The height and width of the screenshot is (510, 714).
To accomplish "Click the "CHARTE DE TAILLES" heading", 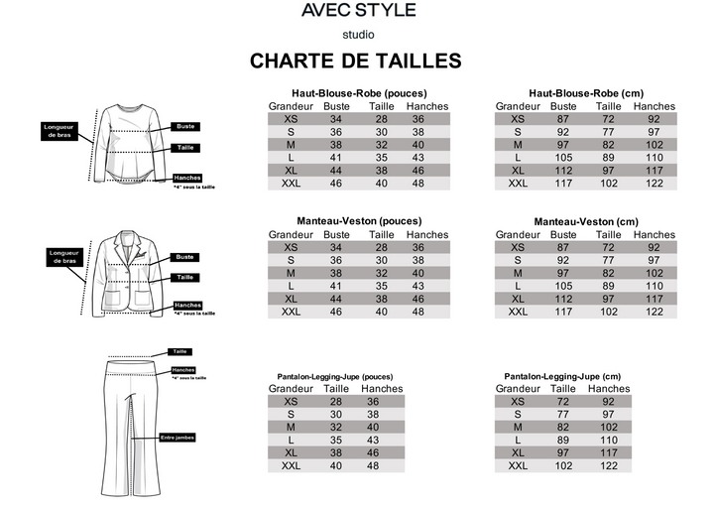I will [x=356, y=62].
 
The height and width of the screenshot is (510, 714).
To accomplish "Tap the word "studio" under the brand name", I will [x=358, y=34].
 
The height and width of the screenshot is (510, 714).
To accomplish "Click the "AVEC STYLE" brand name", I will [x=358, y=11].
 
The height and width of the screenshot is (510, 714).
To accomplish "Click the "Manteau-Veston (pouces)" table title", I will [x=359, y=221].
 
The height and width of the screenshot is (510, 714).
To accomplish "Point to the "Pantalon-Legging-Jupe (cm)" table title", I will [x=562, y=377].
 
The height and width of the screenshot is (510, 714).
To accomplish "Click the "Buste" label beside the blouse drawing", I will [x=185, y=126].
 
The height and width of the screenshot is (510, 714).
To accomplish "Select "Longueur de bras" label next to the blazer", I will [x=63, y=257].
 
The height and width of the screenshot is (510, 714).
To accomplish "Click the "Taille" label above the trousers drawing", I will [x=180, y=351].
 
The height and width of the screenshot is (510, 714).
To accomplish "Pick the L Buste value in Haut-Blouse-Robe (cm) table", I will [x=564, y=158].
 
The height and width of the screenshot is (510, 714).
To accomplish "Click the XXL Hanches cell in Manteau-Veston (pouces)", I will [x=417, y=312].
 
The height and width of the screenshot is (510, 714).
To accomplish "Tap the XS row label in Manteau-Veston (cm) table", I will [x=518, y=247].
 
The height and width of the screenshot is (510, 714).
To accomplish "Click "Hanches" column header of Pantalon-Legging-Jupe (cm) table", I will [x=601, y=389].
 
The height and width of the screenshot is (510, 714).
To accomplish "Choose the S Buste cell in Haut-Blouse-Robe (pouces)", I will [x=336, y=132].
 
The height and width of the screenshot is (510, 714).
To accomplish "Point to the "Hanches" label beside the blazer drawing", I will [x=187, y=305].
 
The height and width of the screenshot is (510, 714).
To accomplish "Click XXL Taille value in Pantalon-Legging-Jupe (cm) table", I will [x=562, y=465].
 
